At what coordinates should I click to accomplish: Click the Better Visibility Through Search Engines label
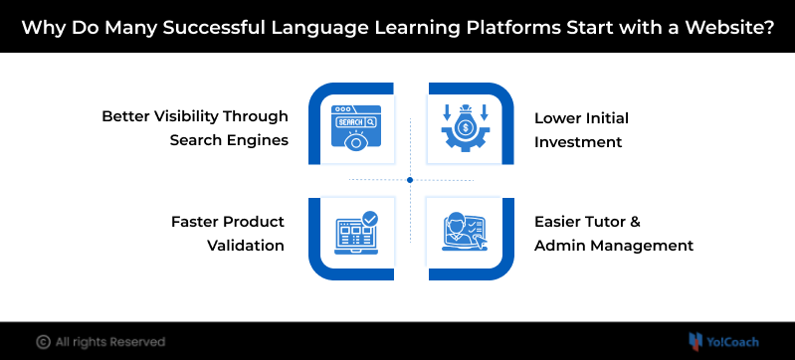[195, 127]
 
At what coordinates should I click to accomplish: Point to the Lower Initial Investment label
[581, 130]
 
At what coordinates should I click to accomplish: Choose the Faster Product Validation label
[228, 234]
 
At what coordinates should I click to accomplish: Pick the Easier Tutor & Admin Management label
[614, 234]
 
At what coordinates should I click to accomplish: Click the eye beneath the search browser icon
[356, 141]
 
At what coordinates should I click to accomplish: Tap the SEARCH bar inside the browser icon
[356, 122]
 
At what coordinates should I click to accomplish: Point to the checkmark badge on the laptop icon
[369, 219]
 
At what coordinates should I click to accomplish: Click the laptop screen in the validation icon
[353, 234]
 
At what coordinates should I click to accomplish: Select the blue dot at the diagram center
[410, 180]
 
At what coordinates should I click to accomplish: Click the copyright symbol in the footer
[43, 342]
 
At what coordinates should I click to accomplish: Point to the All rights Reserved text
[110, 342]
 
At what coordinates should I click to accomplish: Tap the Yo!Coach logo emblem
[696, 342]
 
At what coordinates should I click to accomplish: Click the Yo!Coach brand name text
[732, 342]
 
